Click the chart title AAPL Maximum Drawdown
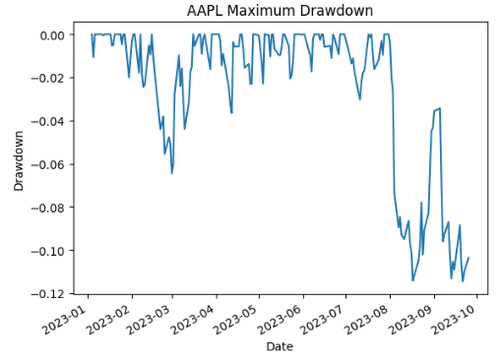[280, 11]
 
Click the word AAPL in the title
[208, 11]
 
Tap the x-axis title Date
[280, 346]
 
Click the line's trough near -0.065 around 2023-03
[171, 173]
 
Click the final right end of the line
[469, 258]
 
